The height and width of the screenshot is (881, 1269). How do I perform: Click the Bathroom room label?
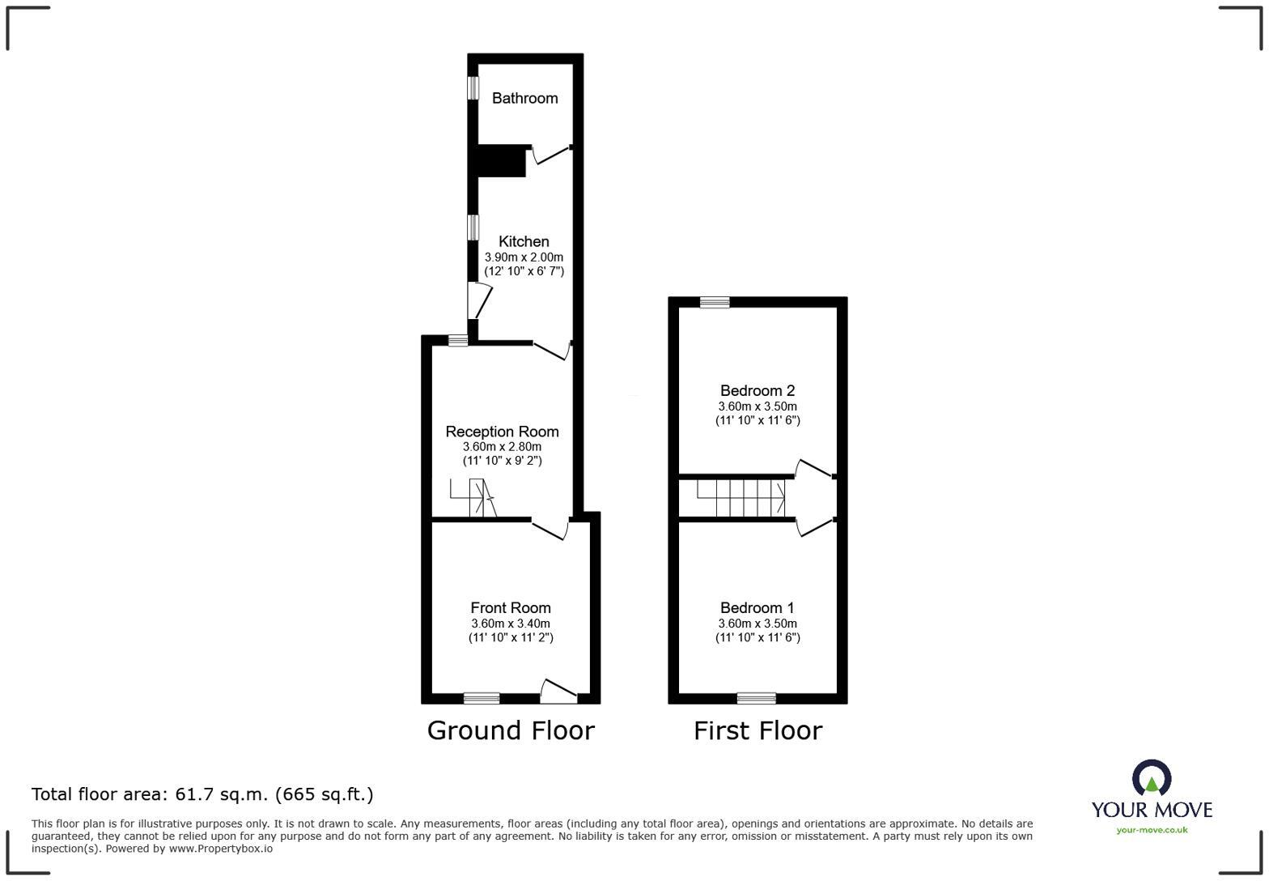coord(524,99)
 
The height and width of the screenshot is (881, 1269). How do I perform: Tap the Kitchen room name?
coord(524,241)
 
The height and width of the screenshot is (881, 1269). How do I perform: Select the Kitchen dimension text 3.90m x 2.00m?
coord(524,257)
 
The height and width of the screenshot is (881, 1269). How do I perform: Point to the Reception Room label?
coord(502,432)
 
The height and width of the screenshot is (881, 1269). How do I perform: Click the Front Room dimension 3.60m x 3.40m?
coord(511,624)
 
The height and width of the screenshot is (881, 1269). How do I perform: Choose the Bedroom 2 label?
coord(758,390)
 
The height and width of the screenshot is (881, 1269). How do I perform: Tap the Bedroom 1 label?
coord(758,608)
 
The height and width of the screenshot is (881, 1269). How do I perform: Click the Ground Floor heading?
coord(511,730)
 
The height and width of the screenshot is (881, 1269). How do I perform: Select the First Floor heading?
coord(758,730)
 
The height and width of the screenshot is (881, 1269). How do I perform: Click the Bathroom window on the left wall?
coord(473,88)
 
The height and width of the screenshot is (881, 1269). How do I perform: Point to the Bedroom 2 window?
coord(715,302)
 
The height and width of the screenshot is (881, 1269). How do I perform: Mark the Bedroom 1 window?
coord(756,698)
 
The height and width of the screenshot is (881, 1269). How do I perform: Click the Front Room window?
coord(482,698)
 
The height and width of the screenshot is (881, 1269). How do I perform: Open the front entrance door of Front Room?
coord(558,692)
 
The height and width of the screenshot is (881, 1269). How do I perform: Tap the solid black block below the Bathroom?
coord(501,162)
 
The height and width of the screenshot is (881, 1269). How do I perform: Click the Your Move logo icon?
coord(1152,778)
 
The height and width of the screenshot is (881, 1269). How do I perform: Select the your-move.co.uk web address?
coord(1152,830)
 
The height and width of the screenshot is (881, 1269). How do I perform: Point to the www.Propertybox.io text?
coord(220,849)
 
